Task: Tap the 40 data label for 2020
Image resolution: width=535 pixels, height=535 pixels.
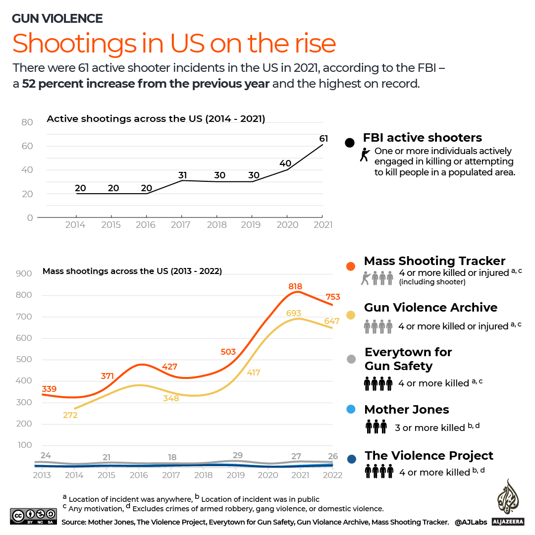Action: pyautogui.click(x=285, y=163)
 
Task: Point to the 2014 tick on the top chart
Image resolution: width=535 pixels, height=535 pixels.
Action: pyautogui.click(x=75, y=225)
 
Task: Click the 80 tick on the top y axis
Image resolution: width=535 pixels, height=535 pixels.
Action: pyautogui.click(x=27, y=122)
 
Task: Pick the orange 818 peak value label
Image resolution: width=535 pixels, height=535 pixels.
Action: pyautogui.click(x=295, y=286)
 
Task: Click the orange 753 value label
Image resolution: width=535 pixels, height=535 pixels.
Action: pyautogui.click(x=332, y=297)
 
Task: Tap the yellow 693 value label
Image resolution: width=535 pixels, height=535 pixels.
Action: pyautogui.click(x=294, y=314)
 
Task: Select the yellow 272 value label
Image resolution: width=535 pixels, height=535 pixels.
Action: pyautogui.click(x=70, y=415)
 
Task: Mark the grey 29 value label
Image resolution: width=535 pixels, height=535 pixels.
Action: pyautogui.click(x=237, y=455)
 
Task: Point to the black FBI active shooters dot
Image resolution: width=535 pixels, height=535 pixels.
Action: pyautogui.click(x=350, y=143)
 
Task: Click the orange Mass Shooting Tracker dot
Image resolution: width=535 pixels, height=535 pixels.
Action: pyautogui.click(x=351, y=266)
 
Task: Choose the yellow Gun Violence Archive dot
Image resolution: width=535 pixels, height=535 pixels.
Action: pyautogui.click(x=351, y=315)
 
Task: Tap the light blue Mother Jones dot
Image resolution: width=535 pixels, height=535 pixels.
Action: pyautogui.click(x=351, y=410)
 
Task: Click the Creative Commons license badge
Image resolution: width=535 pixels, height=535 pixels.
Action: pyautogui.click(x=33, y=516)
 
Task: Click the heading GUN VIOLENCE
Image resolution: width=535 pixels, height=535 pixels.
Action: pyautogui.click(x=57, y=19)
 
